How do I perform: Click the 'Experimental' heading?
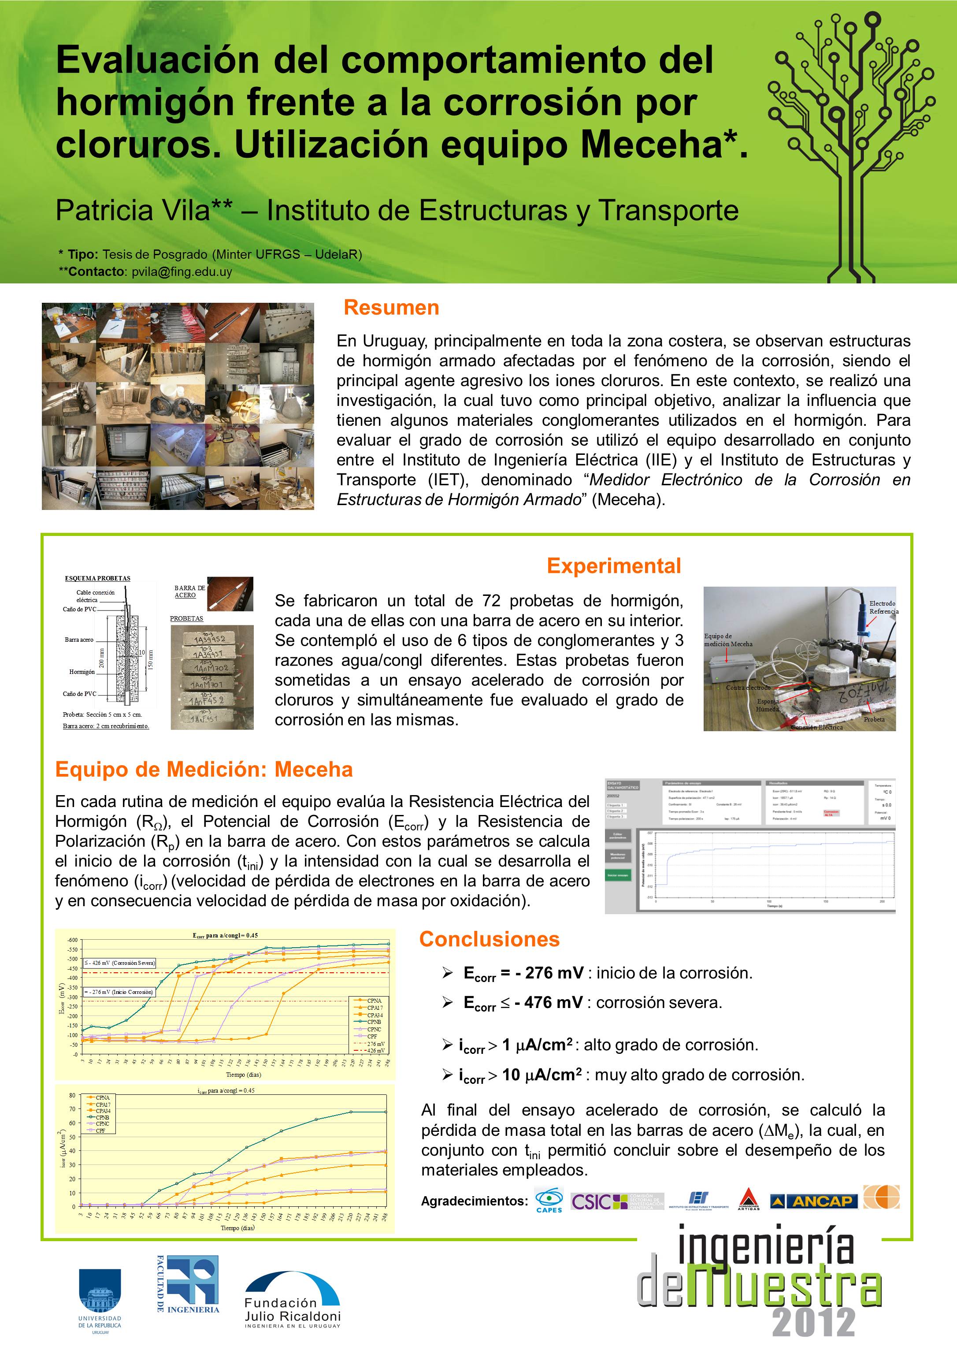point(613,565)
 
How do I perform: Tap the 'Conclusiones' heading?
point(489,938)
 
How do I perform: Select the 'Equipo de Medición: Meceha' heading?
point(204,769)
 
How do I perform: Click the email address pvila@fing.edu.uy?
point(182,272)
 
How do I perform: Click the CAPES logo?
point(549,1201)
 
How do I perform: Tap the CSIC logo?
point(616,1201)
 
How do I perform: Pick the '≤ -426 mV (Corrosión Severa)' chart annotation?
point(120,963)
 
